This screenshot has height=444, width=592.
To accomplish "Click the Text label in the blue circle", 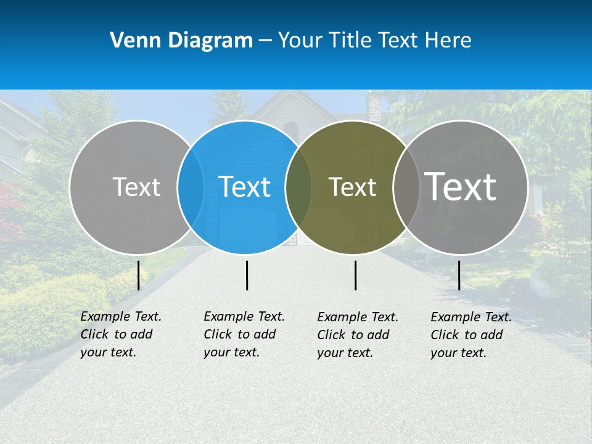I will (x=245, y=187).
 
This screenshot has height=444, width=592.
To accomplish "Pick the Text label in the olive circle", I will (x=352, y=187).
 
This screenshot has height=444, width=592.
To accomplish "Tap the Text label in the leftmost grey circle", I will (x=137, y=187).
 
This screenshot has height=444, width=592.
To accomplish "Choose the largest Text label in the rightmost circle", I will (x=461, y=187).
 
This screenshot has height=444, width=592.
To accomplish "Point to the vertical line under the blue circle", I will (x=247, y=275).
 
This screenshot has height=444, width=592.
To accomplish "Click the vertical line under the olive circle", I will (x=355, y=275).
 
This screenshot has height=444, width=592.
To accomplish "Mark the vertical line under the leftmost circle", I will (x=138, y=275).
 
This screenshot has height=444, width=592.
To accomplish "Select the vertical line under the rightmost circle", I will (x=459, y=275).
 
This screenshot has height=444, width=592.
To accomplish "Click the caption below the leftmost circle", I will (x=121, y=334).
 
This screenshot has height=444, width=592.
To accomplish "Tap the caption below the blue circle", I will (x=244, y=334).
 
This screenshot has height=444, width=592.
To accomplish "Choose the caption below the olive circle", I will (x=358, y=335).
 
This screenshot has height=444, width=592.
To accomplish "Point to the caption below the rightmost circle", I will (x=471, y=335).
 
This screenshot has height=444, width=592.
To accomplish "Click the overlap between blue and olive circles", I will (x=298, y=187).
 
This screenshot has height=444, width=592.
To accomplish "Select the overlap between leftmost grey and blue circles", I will (x=191, y=187).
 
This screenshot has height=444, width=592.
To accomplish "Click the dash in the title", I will (x=265, y=41).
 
